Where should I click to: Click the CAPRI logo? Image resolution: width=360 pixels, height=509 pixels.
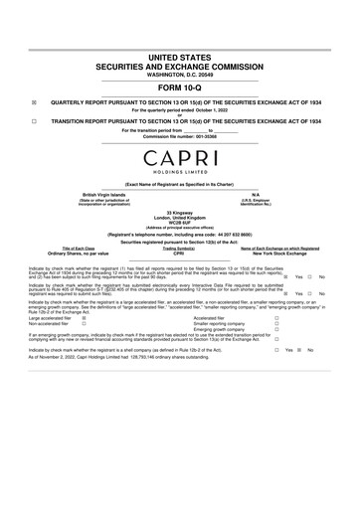180,159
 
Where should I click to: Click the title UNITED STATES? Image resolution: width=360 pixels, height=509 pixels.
179,60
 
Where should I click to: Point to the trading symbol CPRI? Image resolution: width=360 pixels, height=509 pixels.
179,254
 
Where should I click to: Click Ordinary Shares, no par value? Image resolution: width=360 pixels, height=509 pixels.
79,254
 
